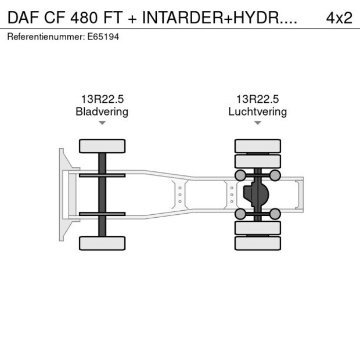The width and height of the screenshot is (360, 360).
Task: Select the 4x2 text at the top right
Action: point(339,17)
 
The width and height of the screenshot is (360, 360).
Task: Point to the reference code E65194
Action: point(105,37)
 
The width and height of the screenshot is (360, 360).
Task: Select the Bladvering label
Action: point(102,111)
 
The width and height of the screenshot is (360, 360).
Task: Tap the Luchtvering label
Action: point(257,111)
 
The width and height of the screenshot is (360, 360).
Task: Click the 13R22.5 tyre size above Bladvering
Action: point(102,99)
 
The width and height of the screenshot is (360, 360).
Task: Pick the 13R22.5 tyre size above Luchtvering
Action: point(257,99)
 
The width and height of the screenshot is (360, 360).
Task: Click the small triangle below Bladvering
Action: point(102,123)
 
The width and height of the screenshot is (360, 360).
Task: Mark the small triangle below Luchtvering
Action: point(257,123)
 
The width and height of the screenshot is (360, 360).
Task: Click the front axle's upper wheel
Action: point(102,146)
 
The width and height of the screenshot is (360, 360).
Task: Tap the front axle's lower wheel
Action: point(102,243)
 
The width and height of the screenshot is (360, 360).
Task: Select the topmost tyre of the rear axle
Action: point(257,146)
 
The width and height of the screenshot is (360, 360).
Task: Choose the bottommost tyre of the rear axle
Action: point(257,243)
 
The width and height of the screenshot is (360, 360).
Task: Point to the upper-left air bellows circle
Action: point(239,175)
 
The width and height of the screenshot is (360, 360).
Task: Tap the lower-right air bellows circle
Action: point(275,214)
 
